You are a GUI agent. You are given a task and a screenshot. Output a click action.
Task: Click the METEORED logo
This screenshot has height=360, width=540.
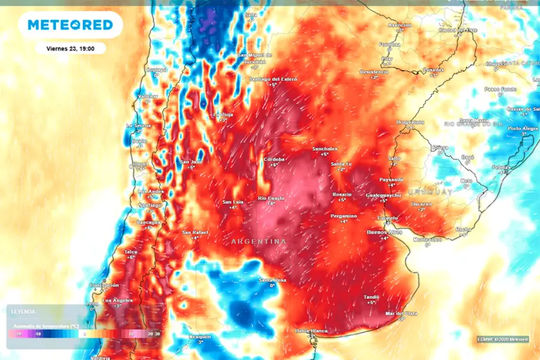(x=70, y=25)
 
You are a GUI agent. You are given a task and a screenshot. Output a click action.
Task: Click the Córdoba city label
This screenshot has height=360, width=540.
(x=274, y=159)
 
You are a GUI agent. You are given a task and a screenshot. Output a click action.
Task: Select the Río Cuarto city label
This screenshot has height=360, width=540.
(x=270, y=198)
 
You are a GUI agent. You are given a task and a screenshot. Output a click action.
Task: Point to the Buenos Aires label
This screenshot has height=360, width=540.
(x=384, y=232)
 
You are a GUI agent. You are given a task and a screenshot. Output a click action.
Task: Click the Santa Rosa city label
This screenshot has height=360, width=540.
(x=272, y=280)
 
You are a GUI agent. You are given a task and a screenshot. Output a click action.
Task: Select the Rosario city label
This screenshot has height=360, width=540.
(x=342, y=194)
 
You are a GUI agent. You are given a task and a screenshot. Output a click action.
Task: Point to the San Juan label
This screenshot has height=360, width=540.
(x=191, y=161)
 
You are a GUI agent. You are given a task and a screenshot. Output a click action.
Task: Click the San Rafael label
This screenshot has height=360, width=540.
(x=194, y=232)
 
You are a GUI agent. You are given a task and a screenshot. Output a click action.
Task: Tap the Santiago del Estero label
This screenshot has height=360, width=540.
(x=274, y=79)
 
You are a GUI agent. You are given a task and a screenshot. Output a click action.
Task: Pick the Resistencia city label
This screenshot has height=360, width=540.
(x=374, y=71)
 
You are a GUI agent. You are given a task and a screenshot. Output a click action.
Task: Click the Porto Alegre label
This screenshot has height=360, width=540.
(x=522, y=128)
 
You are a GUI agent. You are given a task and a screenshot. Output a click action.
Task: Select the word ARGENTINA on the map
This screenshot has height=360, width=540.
(x=259, y=242)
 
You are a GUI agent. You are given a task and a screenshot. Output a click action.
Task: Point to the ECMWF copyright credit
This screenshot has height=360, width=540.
(x=503, y=340)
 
